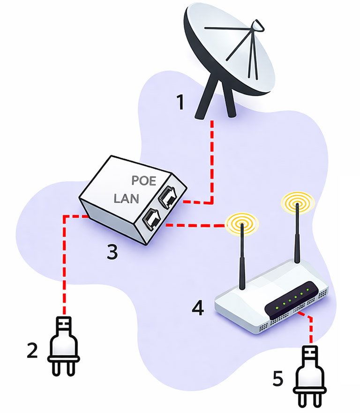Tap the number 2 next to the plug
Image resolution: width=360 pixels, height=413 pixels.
point(32,351)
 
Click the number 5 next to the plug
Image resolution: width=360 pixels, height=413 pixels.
point(278,378)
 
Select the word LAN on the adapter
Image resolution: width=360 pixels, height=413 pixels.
point(127,199)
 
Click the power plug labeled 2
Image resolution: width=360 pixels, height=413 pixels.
point(63,347)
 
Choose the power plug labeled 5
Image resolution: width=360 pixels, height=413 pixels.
point(309,375)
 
